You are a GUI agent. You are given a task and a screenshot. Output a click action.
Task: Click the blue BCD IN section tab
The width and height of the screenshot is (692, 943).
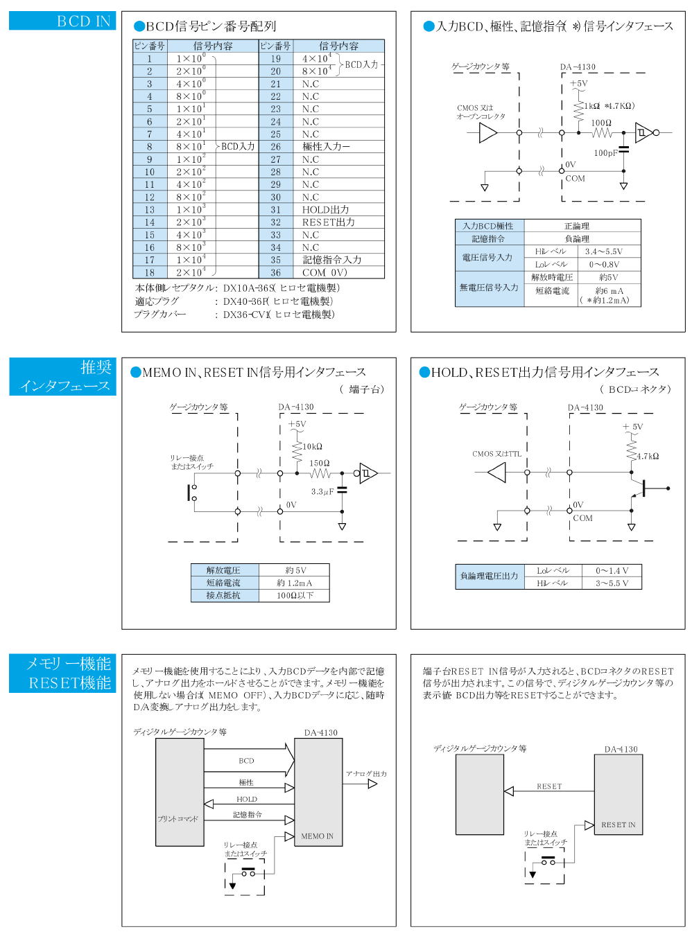pos(62,21)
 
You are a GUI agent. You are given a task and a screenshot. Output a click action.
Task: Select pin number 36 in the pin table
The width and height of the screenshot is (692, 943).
pos(275,273)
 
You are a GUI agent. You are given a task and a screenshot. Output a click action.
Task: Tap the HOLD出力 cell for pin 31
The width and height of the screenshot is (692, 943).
pos(325,210)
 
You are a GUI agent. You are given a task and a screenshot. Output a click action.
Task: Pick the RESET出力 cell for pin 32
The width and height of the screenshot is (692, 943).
pos(328,222)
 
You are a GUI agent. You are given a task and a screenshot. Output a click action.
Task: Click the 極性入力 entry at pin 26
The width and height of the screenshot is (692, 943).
pos(326,146)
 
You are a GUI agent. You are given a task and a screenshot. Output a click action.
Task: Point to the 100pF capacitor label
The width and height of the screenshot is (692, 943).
pos(605,153)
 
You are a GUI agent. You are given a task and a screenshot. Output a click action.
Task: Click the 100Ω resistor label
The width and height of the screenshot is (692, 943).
pos(601,123)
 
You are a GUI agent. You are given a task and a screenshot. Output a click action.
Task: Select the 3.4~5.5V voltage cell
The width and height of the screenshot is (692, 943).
pos(603,252)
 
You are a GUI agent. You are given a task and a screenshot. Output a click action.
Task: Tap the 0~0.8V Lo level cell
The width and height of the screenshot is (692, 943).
pos(604,265)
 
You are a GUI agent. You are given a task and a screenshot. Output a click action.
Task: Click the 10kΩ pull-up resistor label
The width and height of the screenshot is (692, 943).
pos(312,446)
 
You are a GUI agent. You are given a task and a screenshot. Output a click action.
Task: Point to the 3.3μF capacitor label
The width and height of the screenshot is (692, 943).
pos(322,491)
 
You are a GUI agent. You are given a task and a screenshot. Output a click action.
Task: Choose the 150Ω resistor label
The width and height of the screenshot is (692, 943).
pos(319,463)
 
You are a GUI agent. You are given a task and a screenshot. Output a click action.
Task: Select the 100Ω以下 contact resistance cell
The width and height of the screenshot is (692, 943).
pos(295,595)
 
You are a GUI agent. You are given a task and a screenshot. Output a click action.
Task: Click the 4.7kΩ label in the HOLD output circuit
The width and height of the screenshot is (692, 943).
pos(648,456)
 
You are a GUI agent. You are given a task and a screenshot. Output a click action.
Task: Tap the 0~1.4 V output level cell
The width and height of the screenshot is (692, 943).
pos(612,570)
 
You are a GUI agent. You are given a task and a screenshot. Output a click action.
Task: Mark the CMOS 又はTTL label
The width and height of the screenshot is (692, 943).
pos(496,454)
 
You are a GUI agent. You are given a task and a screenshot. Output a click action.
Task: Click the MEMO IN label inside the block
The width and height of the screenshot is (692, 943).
pos(317,836)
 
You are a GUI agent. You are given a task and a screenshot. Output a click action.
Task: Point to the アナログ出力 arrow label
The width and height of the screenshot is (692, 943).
pos(366,773)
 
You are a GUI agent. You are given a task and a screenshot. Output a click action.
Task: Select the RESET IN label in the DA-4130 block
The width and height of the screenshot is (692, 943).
pos(618,825)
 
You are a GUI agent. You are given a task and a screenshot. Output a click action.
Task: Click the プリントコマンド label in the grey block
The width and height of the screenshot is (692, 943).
pos(178,819)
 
